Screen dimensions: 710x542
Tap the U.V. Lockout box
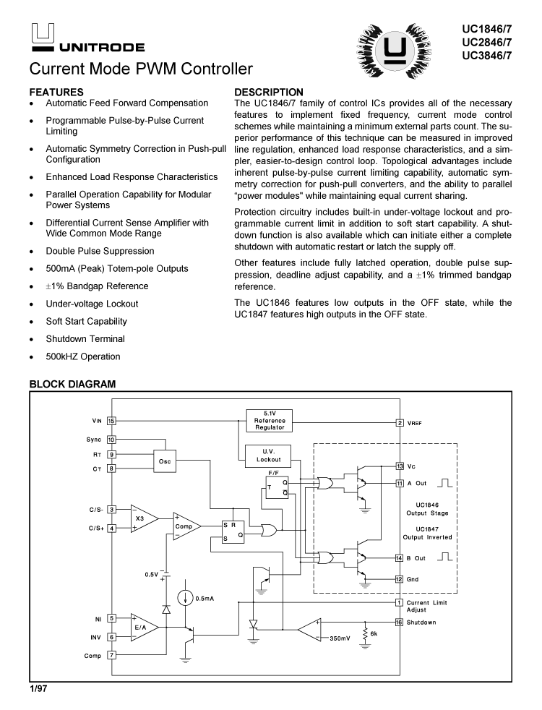coord(269,455)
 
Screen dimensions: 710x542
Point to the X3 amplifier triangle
coord(142,518)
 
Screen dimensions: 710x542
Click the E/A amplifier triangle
coord(142,628)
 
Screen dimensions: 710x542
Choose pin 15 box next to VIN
coord(111,420)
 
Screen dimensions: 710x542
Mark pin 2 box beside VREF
coord(400,422)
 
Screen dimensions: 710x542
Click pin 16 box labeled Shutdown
coord(400,622)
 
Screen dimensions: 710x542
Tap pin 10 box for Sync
coord(111,439)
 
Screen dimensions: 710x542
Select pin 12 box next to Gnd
coord(400,579)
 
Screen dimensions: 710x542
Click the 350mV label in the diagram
coord(340,638)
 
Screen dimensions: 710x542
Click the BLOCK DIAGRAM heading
coord(72,384)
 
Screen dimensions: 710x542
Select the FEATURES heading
coord(56,92)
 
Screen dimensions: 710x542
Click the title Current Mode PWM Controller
coord(141,69)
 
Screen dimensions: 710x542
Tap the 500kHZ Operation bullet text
coord(83,356)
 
